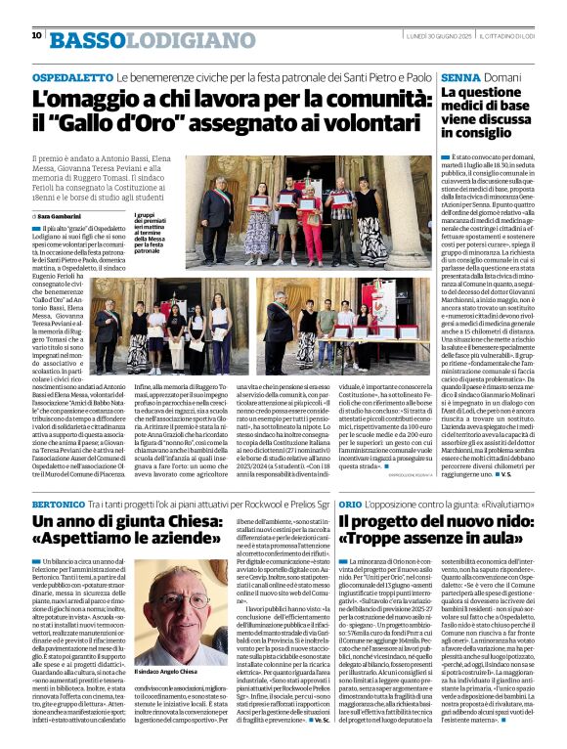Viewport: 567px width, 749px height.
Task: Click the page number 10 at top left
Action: (x=36, y=36)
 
